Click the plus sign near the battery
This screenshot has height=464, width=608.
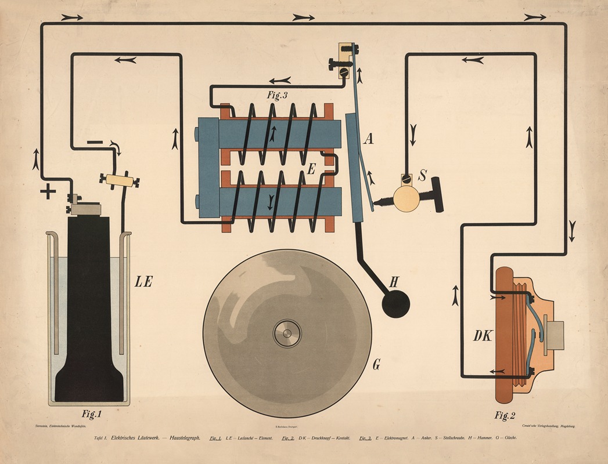[x=47, y=191]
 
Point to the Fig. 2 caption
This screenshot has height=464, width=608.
[x=505, y=415]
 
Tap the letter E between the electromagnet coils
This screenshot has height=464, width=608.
[x=311, y=169]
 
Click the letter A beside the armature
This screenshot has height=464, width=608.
[x=368, y=139]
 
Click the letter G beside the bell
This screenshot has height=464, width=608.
[x=376, y=364]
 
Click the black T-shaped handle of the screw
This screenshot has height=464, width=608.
[x=437, y=197]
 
